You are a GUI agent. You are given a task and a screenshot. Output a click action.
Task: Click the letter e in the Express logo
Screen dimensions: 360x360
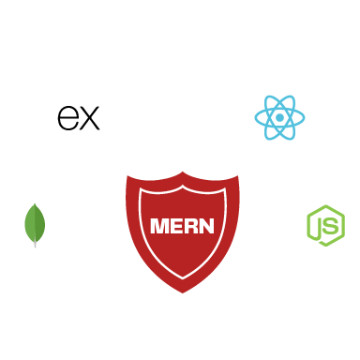[67, 118]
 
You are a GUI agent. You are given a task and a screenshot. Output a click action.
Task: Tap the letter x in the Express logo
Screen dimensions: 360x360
[88, 118]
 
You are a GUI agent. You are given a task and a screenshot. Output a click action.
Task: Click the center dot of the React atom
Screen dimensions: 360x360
[279, 118]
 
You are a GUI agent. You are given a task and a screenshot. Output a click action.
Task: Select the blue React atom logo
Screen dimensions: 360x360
[279, 118]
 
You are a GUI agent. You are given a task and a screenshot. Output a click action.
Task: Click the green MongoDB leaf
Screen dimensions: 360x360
[35, 223]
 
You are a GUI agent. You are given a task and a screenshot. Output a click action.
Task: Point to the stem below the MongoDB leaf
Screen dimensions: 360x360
[35, 243]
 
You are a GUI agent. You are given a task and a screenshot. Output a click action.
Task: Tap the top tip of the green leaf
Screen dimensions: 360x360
[35, 203]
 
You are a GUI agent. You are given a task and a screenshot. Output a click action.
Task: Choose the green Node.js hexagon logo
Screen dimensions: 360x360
[325, 225]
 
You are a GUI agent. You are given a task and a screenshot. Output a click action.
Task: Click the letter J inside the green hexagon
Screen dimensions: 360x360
[321, 226]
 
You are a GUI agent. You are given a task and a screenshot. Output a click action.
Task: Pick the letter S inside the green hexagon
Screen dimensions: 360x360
[332, 225]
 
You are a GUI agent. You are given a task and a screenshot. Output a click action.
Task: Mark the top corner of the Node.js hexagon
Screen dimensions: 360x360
[325, 205]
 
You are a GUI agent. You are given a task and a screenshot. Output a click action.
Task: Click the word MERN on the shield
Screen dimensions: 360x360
[182, 226]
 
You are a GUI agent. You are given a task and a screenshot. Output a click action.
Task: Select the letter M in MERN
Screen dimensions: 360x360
[159, 226]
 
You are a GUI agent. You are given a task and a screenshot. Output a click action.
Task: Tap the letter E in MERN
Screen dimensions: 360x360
[176, 226]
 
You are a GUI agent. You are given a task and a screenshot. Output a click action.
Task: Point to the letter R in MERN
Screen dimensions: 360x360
[190, 226]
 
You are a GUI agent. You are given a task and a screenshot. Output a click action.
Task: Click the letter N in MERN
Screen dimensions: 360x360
[206, 226]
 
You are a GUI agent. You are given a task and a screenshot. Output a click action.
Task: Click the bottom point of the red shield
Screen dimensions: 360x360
[183, 292]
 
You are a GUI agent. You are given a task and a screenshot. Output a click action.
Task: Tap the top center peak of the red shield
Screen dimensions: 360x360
[183, 172]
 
